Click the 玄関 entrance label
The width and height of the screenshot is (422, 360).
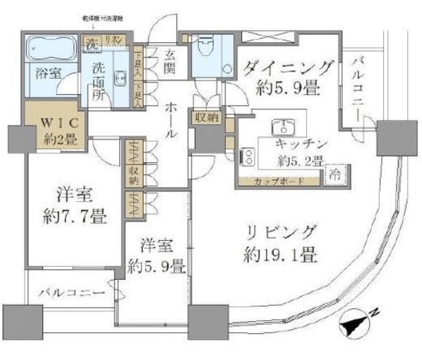click(x=171, y=63)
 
